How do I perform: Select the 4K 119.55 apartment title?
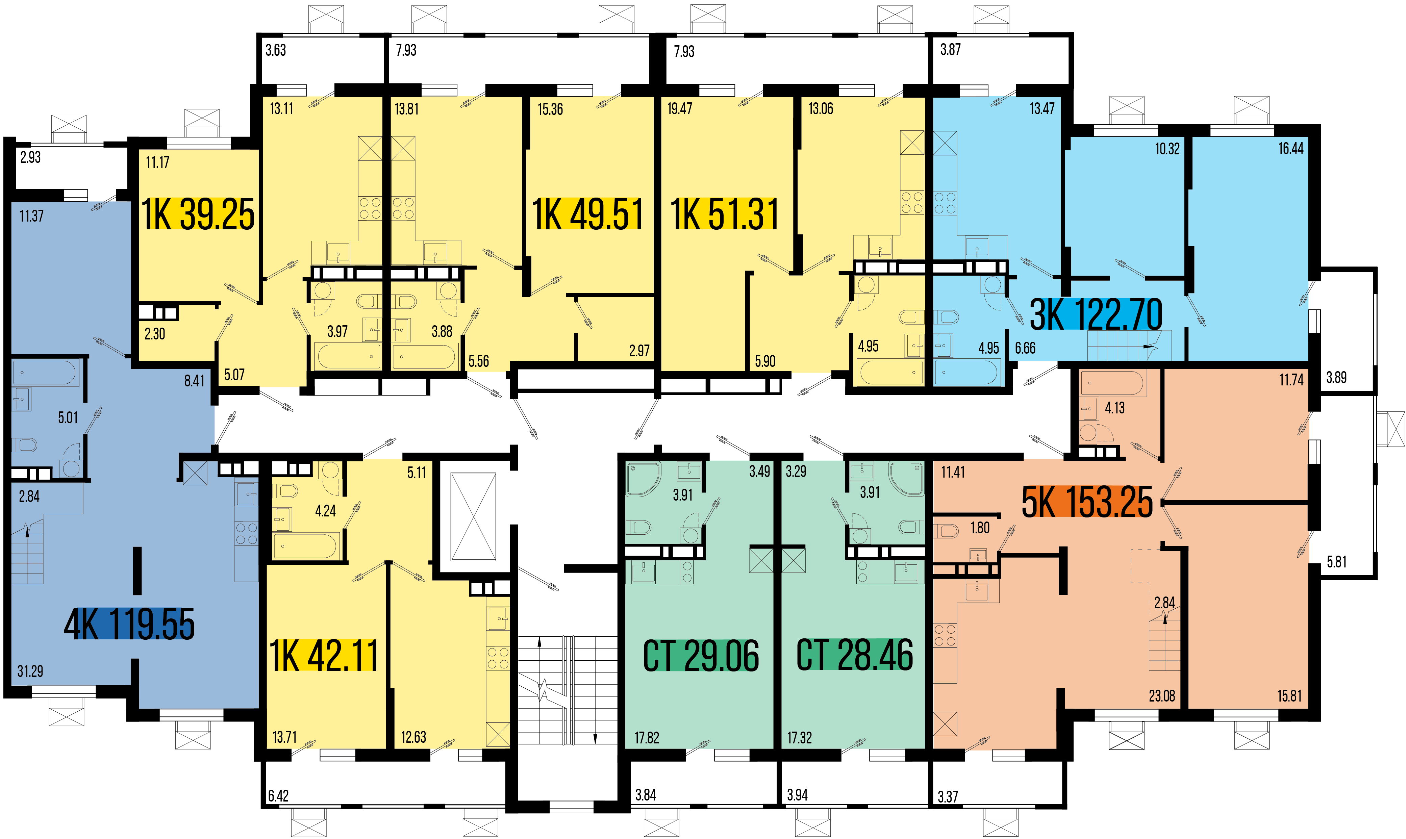[129, 624]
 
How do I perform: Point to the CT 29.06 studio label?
[701, 656]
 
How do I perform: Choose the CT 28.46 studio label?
[855, 655]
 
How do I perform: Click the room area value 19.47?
[680, 108]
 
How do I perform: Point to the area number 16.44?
[1291, 149]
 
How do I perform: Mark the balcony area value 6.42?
[278, 796]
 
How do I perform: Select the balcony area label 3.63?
[276, 50]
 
